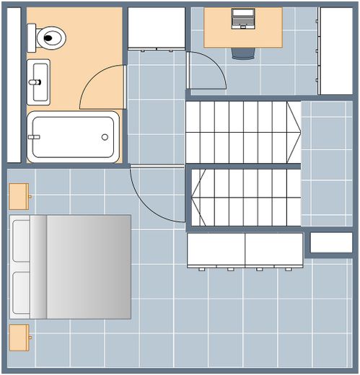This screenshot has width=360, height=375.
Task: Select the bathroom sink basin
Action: coord(38,74)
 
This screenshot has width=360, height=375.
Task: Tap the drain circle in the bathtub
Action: coord(105,136)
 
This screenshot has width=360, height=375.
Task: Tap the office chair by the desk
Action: coord(243,53)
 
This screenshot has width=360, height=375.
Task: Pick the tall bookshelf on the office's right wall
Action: coord(335,50)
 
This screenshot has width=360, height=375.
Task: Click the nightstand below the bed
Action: coord(19,336)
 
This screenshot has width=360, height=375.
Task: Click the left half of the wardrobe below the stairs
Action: coord(216,250)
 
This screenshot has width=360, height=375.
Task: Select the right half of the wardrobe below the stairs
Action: coord(273,250)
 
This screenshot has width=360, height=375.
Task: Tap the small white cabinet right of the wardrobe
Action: coord(330,242)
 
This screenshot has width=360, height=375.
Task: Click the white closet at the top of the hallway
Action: coord(156,27)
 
